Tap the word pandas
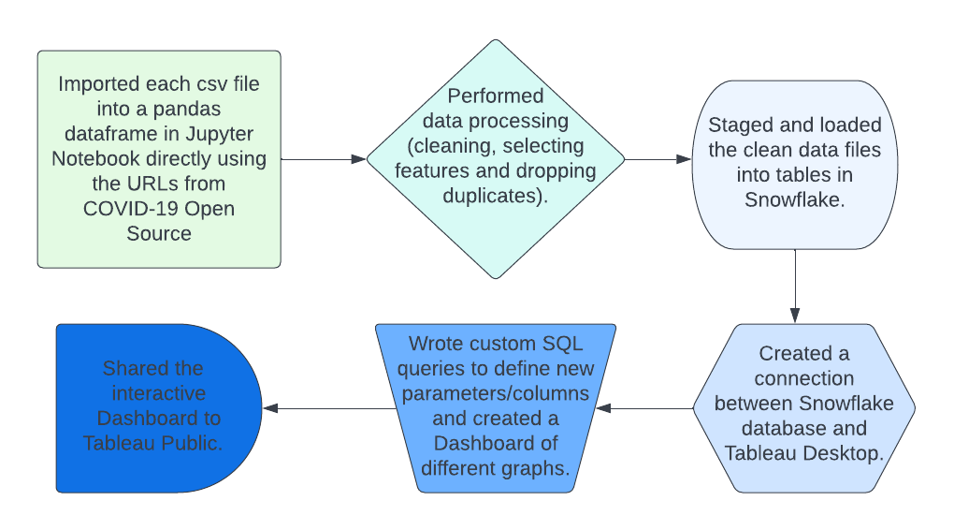(187, 109)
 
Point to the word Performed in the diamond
(496, 96)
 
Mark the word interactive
(159, 393)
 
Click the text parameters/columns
(496, 393)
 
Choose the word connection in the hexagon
(803, 378)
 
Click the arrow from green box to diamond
(323, 159)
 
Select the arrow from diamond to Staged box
(658, 159)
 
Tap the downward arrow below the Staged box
(795, 286)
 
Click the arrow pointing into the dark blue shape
(329, 408)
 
